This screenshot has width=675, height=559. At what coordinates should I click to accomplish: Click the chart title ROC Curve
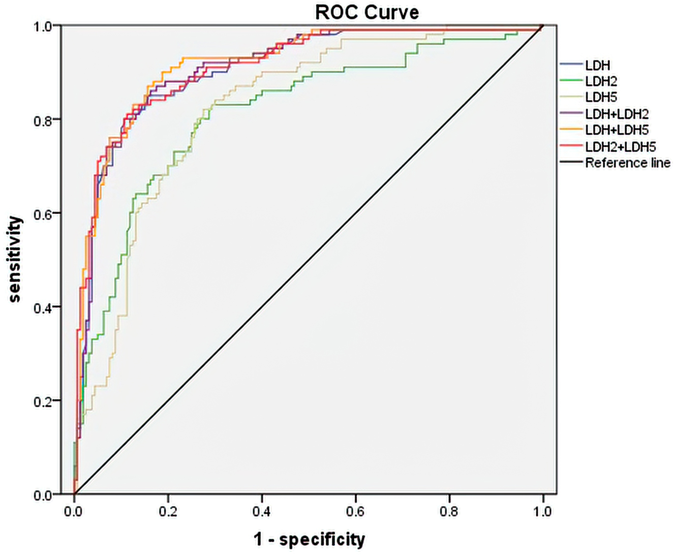[x=367, y=12]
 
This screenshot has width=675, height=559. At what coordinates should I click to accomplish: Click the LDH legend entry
[x=597, y=65]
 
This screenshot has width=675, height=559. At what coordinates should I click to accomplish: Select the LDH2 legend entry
[x=601, y=81]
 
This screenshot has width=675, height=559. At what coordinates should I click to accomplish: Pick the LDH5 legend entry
[x=601, y=98]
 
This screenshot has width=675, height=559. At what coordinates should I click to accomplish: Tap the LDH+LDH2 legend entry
[x=617, y=114]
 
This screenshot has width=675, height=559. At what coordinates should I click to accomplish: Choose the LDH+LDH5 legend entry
[x=617, y=130]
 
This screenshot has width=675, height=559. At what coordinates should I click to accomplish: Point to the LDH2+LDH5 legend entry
[x=620, y=146]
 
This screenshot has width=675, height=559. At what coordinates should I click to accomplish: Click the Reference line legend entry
[x=627, y=163]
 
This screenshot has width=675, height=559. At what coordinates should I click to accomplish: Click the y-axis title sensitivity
[x=15, y=259]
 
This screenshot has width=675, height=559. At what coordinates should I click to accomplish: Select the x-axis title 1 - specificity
[x=309, y=539]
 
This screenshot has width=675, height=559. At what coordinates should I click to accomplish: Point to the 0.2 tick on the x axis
[x=168, y=511]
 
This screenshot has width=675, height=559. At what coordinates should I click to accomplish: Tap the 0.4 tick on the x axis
[x=262, y=511]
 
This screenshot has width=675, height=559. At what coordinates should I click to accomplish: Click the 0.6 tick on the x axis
[x=355, y=511]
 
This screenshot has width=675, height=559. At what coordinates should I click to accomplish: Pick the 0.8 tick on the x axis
[x=449, y=511]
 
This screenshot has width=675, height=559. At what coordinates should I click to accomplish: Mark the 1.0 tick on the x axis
[x=543, y=511]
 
